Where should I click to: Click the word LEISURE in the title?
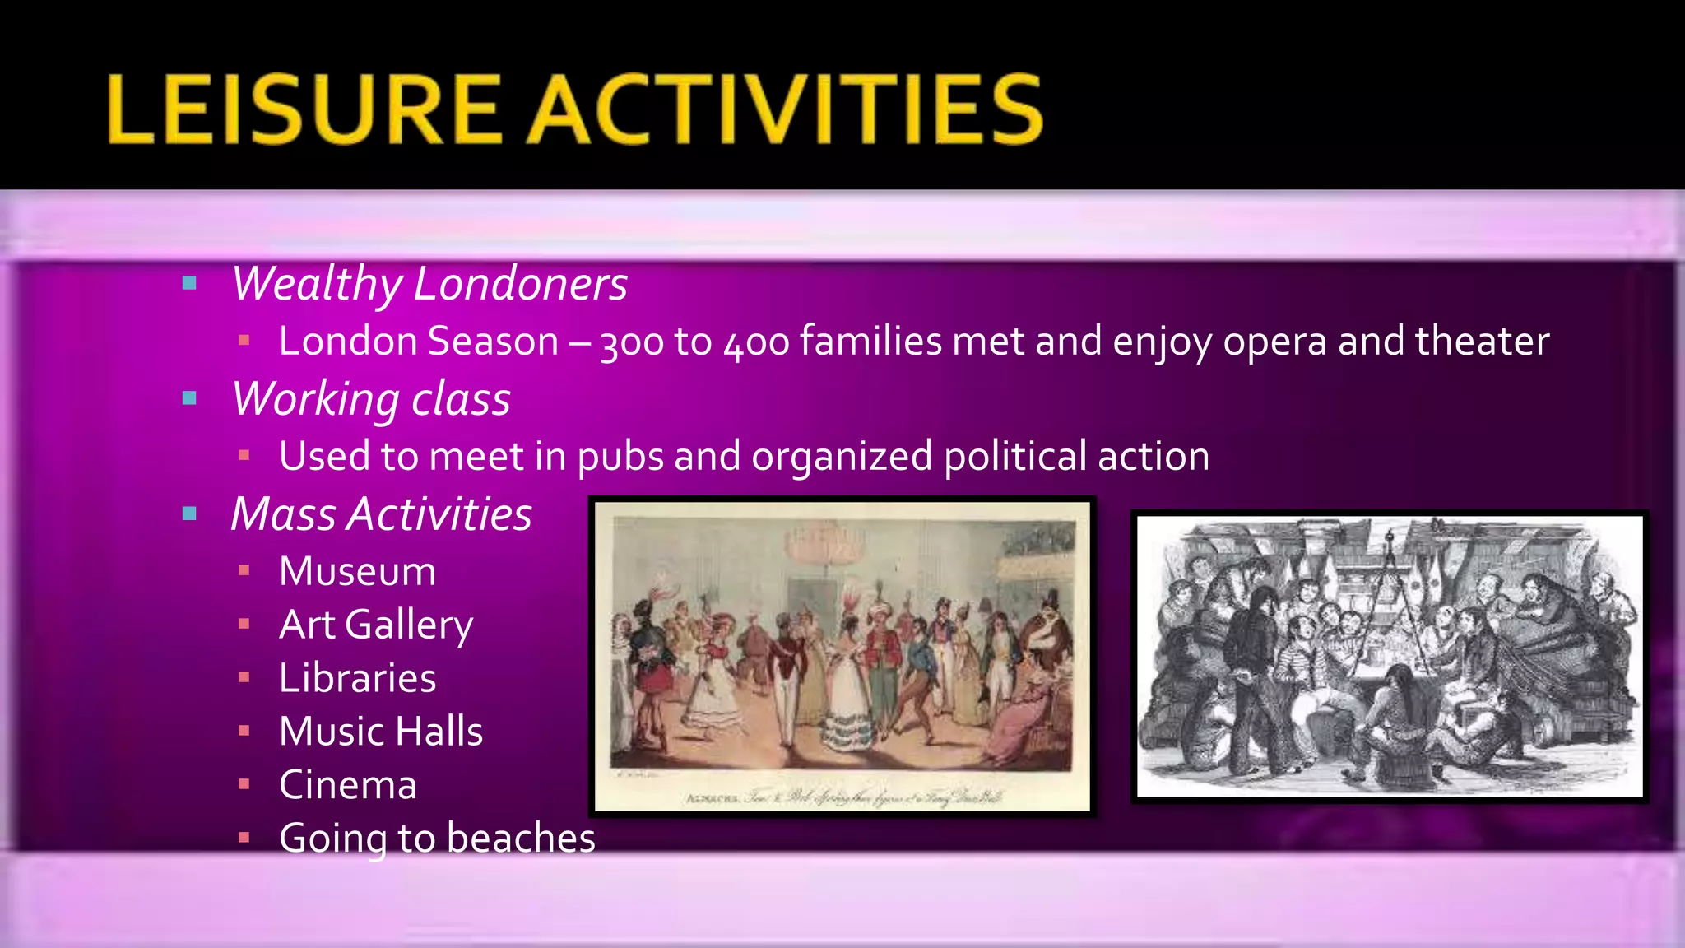coord(303,109)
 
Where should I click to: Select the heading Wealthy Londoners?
coord(429,284)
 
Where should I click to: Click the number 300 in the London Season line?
coord(632,342)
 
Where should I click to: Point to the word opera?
coord(1274,342)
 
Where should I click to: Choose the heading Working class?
coord(371,399)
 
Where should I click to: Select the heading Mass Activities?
coord(381,514)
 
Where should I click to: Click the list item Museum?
coord(357,571)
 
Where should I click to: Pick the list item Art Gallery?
coord(376,625)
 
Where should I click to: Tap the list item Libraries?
coord(357,678)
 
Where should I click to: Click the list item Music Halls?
coord(381,732)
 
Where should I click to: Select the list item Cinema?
coord(347,785)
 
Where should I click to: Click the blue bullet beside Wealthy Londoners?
coord(189,284)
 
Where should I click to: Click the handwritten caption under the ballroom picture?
coord(843,797)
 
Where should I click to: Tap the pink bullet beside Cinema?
coord(244,784)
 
